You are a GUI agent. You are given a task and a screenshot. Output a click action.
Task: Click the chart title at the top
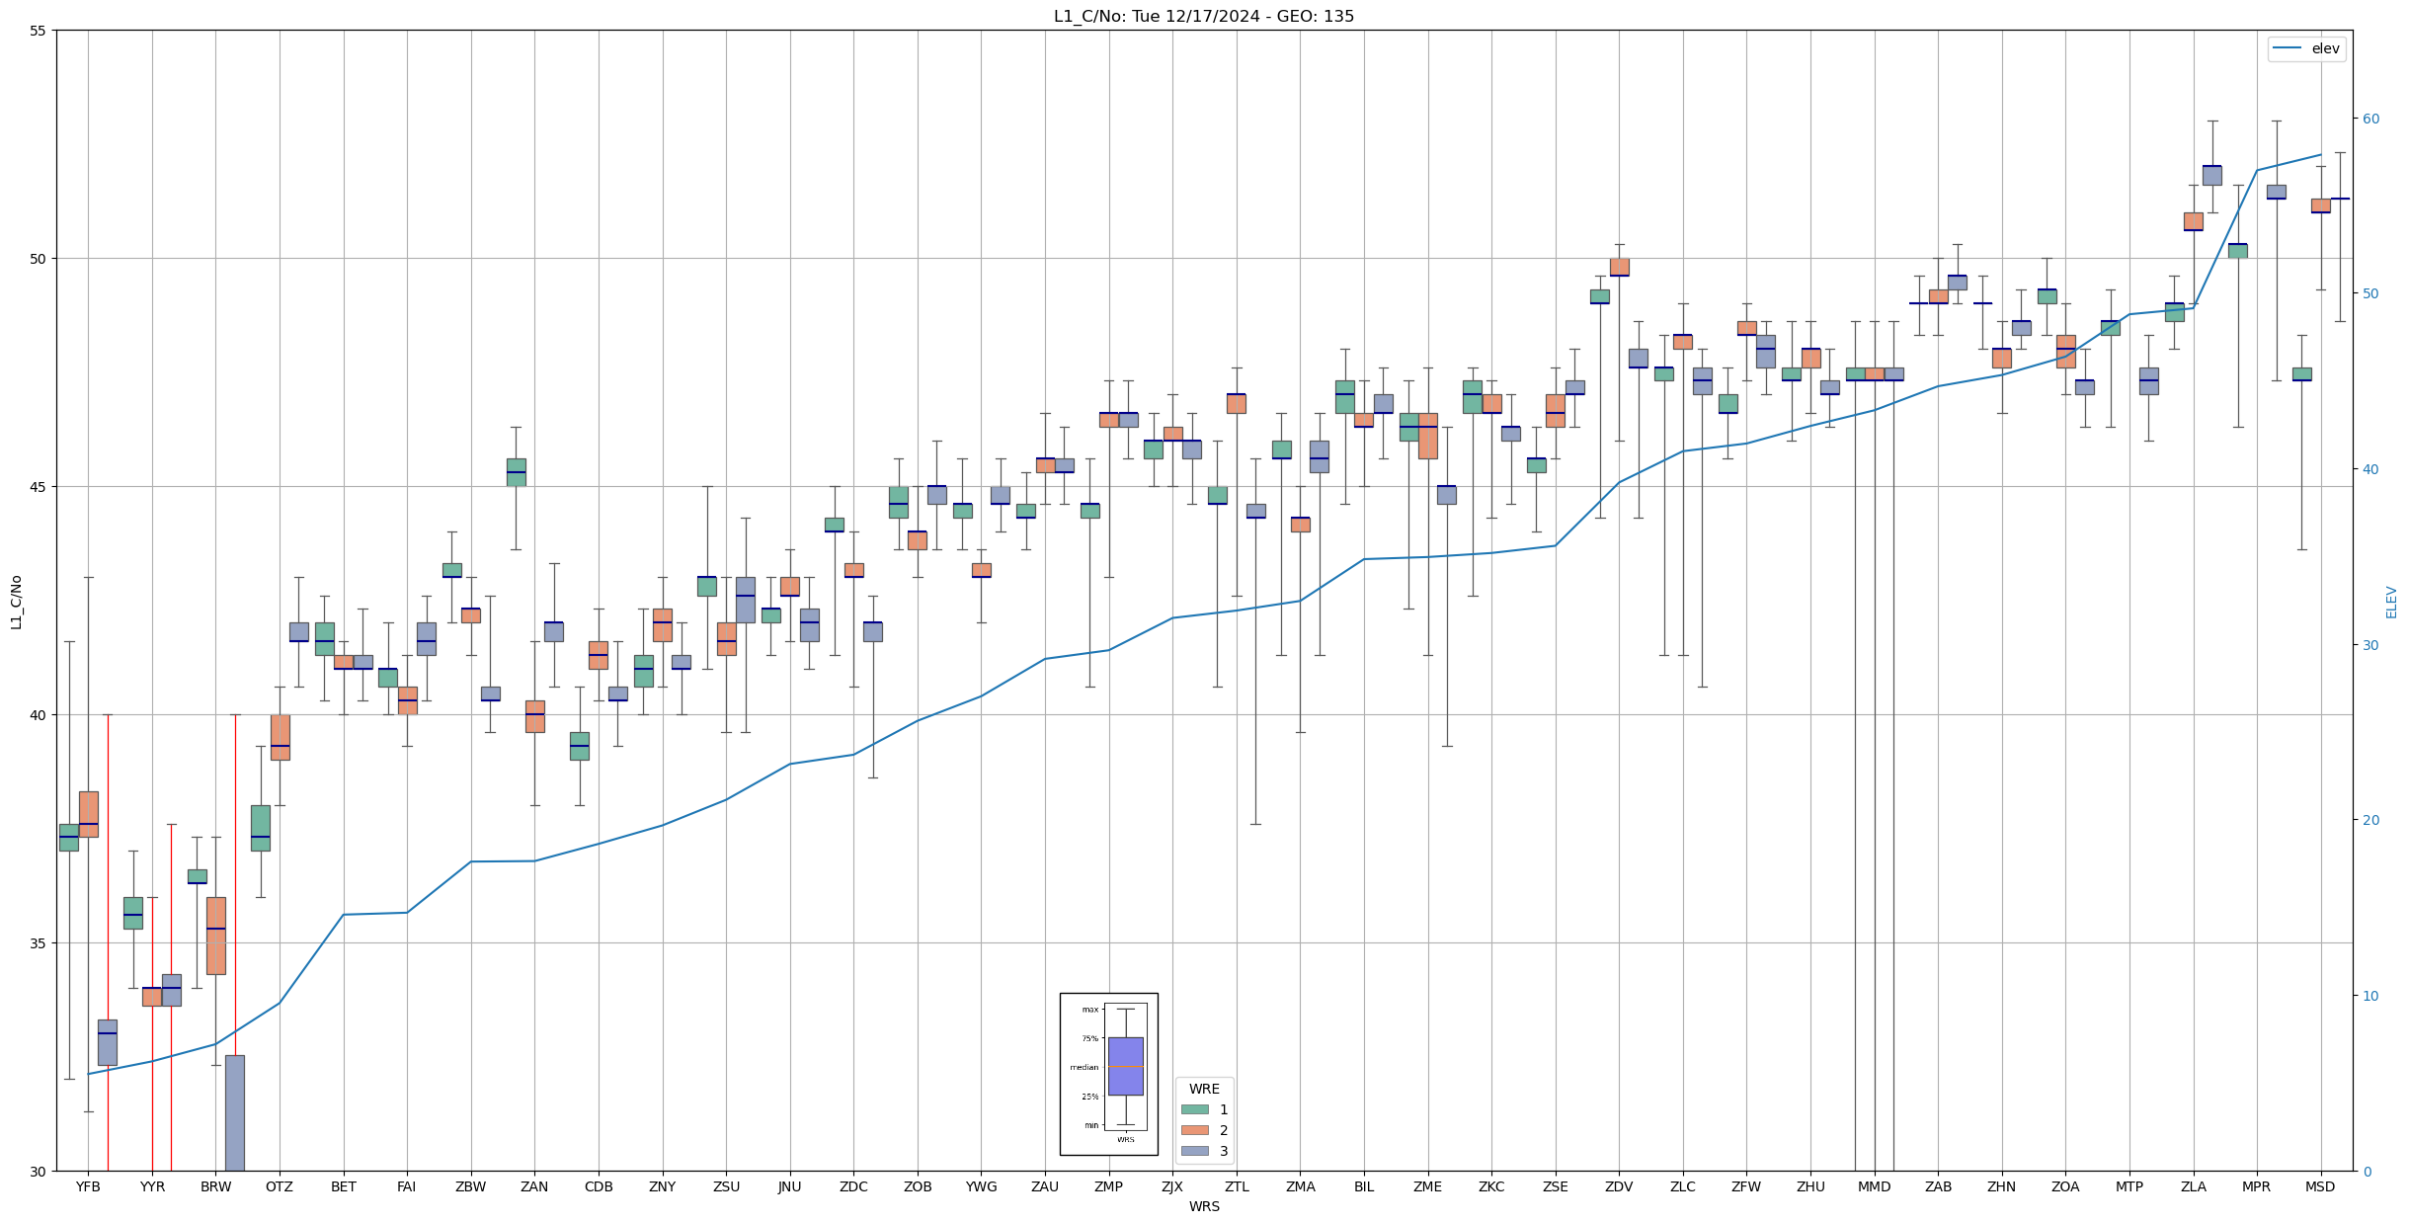1204,16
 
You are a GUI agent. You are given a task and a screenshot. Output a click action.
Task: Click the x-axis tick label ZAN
534,1186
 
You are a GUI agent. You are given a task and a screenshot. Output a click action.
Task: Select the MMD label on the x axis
1874,1186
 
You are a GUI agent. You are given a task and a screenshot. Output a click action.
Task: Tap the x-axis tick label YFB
88,1186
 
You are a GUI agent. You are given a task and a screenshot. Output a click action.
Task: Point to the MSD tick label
2320,1186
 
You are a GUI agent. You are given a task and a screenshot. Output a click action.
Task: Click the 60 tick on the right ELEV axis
2369,119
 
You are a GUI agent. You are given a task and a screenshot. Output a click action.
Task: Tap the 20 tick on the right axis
2369,820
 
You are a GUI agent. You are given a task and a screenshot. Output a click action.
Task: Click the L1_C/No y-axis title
16,601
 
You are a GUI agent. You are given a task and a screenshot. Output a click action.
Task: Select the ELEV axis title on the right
2391,601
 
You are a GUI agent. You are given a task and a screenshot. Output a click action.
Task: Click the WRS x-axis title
1204,1206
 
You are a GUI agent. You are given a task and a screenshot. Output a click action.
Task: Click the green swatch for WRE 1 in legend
1194,1109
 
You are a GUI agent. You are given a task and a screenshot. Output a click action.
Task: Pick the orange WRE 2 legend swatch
1194,1130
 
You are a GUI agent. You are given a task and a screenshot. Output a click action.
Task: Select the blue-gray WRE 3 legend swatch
1194,1151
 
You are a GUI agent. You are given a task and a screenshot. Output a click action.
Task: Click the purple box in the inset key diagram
1125,1066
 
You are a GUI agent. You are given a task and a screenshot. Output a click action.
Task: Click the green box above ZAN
516,471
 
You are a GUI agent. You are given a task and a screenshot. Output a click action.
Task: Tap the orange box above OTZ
280,737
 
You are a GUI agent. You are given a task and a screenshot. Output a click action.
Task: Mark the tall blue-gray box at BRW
235,1112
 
